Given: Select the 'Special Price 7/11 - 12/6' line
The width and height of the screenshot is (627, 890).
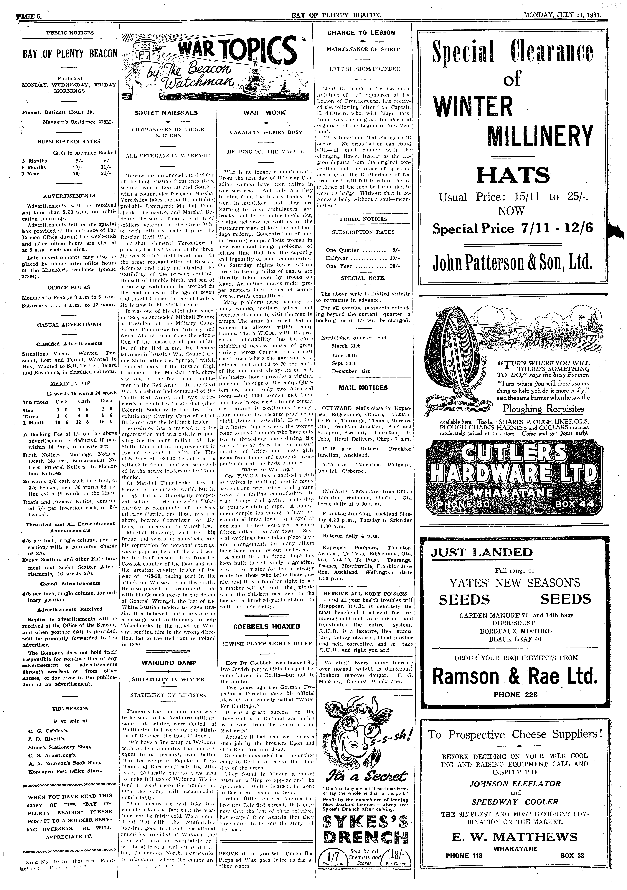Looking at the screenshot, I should [x=513, y=228].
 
